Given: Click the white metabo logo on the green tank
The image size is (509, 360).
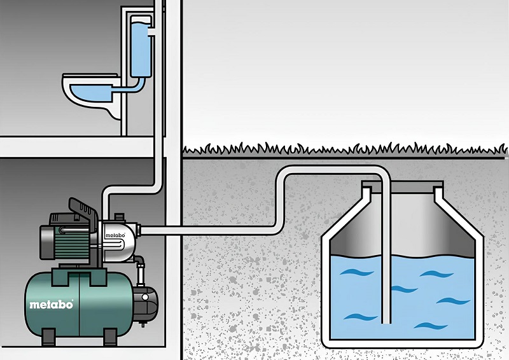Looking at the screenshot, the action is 52,305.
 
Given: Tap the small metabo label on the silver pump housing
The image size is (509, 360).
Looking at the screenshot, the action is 115,235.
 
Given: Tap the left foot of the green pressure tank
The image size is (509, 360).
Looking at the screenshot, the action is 49,337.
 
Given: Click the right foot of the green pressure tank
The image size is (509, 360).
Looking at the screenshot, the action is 110,337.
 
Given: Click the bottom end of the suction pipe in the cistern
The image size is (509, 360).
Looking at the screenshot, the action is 386,322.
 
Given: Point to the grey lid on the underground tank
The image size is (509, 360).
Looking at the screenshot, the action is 403,186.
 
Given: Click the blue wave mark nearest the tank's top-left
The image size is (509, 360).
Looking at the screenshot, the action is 356,272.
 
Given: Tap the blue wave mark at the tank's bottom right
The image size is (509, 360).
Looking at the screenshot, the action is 431,325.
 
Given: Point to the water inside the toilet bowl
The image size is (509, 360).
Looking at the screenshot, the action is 92,92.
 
